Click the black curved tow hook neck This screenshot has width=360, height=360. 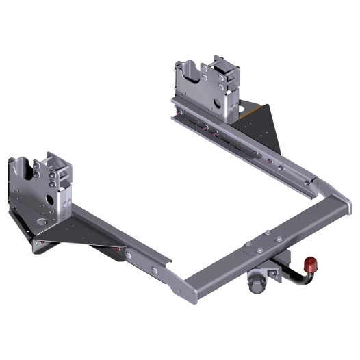point(298,278)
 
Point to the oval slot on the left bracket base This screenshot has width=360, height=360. point(43,222)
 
